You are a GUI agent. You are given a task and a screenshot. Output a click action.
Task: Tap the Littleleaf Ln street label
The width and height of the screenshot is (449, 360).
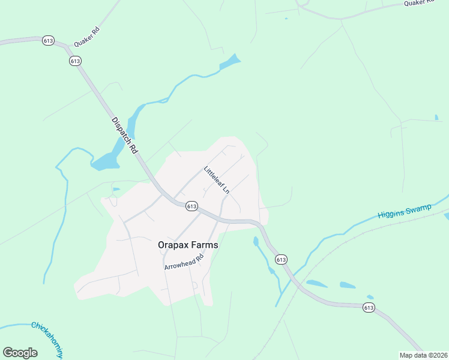pos(217,179)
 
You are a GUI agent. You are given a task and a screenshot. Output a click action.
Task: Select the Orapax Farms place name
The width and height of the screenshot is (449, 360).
pos(188,245)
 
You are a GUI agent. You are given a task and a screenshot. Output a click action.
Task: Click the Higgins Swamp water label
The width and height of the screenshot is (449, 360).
pos(405,211)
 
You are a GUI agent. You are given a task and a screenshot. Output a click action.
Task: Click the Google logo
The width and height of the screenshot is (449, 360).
pos(20,353)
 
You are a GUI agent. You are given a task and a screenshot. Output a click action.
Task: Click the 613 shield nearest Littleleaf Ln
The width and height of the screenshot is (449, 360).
pos(191,206)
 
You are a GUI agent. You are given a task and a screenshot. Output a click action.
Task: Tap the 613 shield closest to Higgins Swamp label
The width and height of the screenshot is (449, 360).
pos(281,259)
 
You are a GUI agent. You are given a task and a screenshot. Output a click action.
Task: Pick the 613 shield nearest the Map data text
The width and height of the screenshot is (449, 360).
pos(369,307)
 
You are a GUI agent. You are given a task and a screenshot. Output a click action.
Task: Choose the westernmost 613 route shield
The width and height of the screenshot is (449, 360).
pos(49,41)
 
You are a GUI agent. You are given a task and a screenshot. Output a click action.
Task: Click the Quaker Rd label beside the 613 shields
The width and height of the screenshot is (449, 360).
pos(86,37)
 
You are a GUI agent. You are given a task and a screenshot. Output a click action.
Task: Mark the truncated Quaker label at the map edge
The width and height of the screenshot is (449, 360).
pos(418,3)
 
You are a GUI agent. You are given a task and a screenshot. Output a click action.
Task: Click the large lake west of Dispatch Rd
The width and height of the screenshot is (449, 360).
pos(107,160)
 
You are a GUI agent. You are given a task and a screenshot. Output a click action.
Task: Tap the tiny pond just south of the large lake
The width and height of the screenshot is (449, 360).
pos(116,190)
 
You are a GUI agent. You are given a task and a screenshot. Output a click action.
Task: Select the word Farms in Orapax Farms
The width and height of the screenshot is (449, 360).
pos(204,245)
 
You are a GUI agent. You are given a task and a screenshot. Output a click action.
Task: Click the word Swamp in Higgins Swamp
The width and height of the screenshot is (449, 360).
pos(418,208)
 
